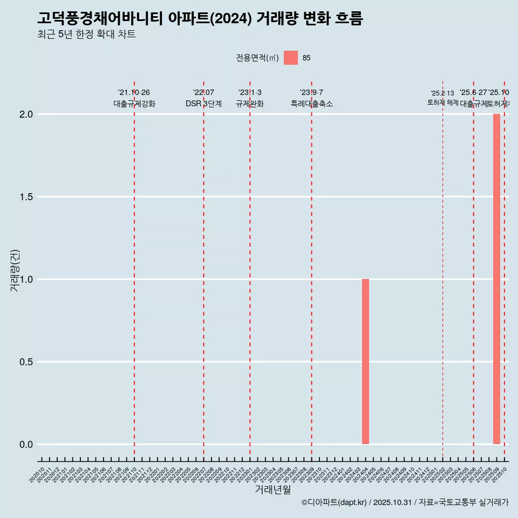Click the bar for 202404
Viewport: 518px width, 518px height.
click(x=365, y=362)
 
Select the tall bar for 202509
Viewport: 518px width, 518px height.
click(x=496, y=279)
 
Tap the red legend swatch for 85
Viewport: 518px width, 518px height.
click(x=291, y=58)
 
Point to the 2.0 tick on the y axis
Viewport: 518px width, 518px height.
click(x=26, y=114)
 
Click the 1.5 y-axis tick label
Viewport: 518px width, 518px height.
click(x=26, y=197)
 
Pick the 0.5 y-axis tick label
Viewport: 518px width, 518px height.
click(x=26, y=362)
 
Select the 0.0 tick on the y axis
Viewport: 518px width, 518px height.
click(x=26, y=445)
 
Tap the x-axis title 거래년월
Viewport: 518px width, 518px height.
click(x=272, y=489)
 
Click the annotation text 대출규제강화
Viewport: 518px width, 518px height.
click(x=134, y=104)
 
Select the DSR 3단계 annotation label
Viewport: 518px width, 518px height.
click(x=203, y=104)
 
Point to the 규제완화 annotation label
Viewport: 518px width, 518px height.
click(x=250, y=104)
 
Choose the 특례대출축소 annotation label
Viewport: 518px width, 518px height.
click(x=311, y=104)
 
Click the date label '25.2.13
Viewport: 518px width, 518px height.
click(x=442, y=93)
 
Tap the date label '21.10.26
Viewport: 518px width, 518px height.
click(x=134, y=93)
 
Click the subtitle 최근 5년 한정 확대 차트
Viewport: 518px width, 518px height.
click(x=86, y=34)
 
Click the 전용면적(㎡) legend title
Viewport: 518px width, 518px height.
click(x=257, y=58)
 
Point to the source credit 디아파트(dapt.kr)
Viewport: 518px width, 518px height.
click(x=336, y=502)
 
